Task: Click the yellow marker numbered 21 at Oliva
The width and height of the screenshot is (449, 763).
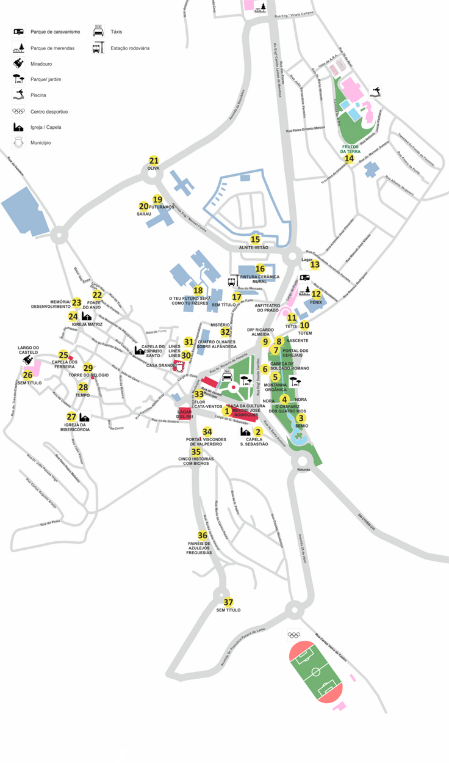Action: pyautogui.click(x=154, y=161)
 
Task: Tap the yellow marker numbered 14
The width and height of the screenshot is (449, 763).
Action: pyautogui.click(x=349, y=159)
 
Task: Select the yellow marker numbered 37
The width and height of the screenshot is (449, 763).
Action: pyautogui.click(x=228, y=602)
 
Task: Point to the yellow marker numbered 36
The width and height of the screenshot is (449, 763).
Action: pyautogui.click(x=203, y=536)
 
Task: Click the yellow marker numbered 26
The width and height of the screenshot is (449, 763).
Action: pyautogui.click(x=27, y=375)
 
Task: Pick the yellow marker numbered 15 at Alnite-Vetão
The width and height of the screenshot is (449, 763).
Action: pyautogui.click(x=255, y=239)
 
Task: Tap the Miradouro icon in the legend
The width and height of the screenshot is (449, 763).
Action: pyautogui.click(x=19, y=63)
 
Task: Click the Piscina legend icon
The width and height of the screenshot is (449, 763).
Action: pyautogui.click(x=19, y=95)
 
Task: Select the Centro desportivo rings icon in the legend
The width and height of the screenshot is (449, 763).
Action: pyautogui.click(x=19, y=111)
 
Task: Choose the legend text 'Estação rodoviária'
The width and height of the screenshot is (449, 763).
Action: pyautogui.click(x=130, y=48)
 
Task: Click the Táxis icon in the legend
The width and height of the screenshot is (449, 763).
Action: pyautogui.click(x=98, y=31)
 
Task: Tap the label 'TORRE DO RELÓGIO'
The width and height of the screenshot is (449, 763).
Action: pyautogui.click(x=88, y=375)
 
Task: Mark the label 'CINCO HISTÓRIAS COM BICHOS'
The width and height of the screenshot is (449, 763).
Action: pyautogui.click(x=196, y=461)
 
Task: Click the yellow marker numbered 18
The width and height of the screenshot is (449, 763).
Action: pyautogui.click(x=198, y=291)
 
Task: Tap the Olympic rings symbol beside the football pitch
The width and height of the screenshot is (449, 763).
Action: pyautogui.click(x=294, y=635)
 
